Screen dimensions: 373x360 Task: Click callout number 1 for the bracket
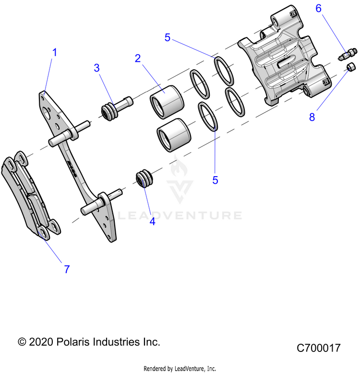[54, 52]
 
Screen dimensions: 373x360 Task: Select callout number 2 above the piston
[138, 59]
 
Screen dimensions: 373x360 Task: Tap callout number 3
[97, 68]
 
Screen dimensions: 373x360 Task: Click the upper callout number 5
[168, 37]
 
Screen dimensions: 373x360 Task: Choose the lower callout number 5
[215, 180]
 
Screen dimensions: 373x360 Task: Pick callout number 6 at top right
[318, 8]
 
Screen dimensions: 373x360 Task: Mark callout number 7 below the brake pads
[67, 269]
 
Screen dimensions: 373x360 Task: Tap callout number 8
[312, 117]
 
